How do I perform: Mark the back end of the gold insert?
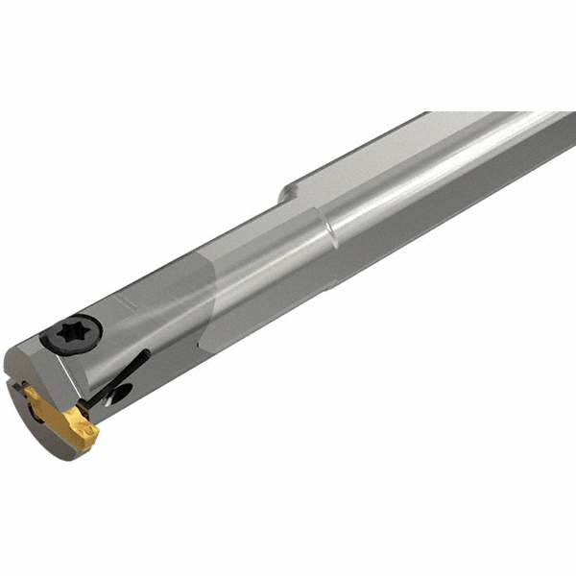pos(33,393)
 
